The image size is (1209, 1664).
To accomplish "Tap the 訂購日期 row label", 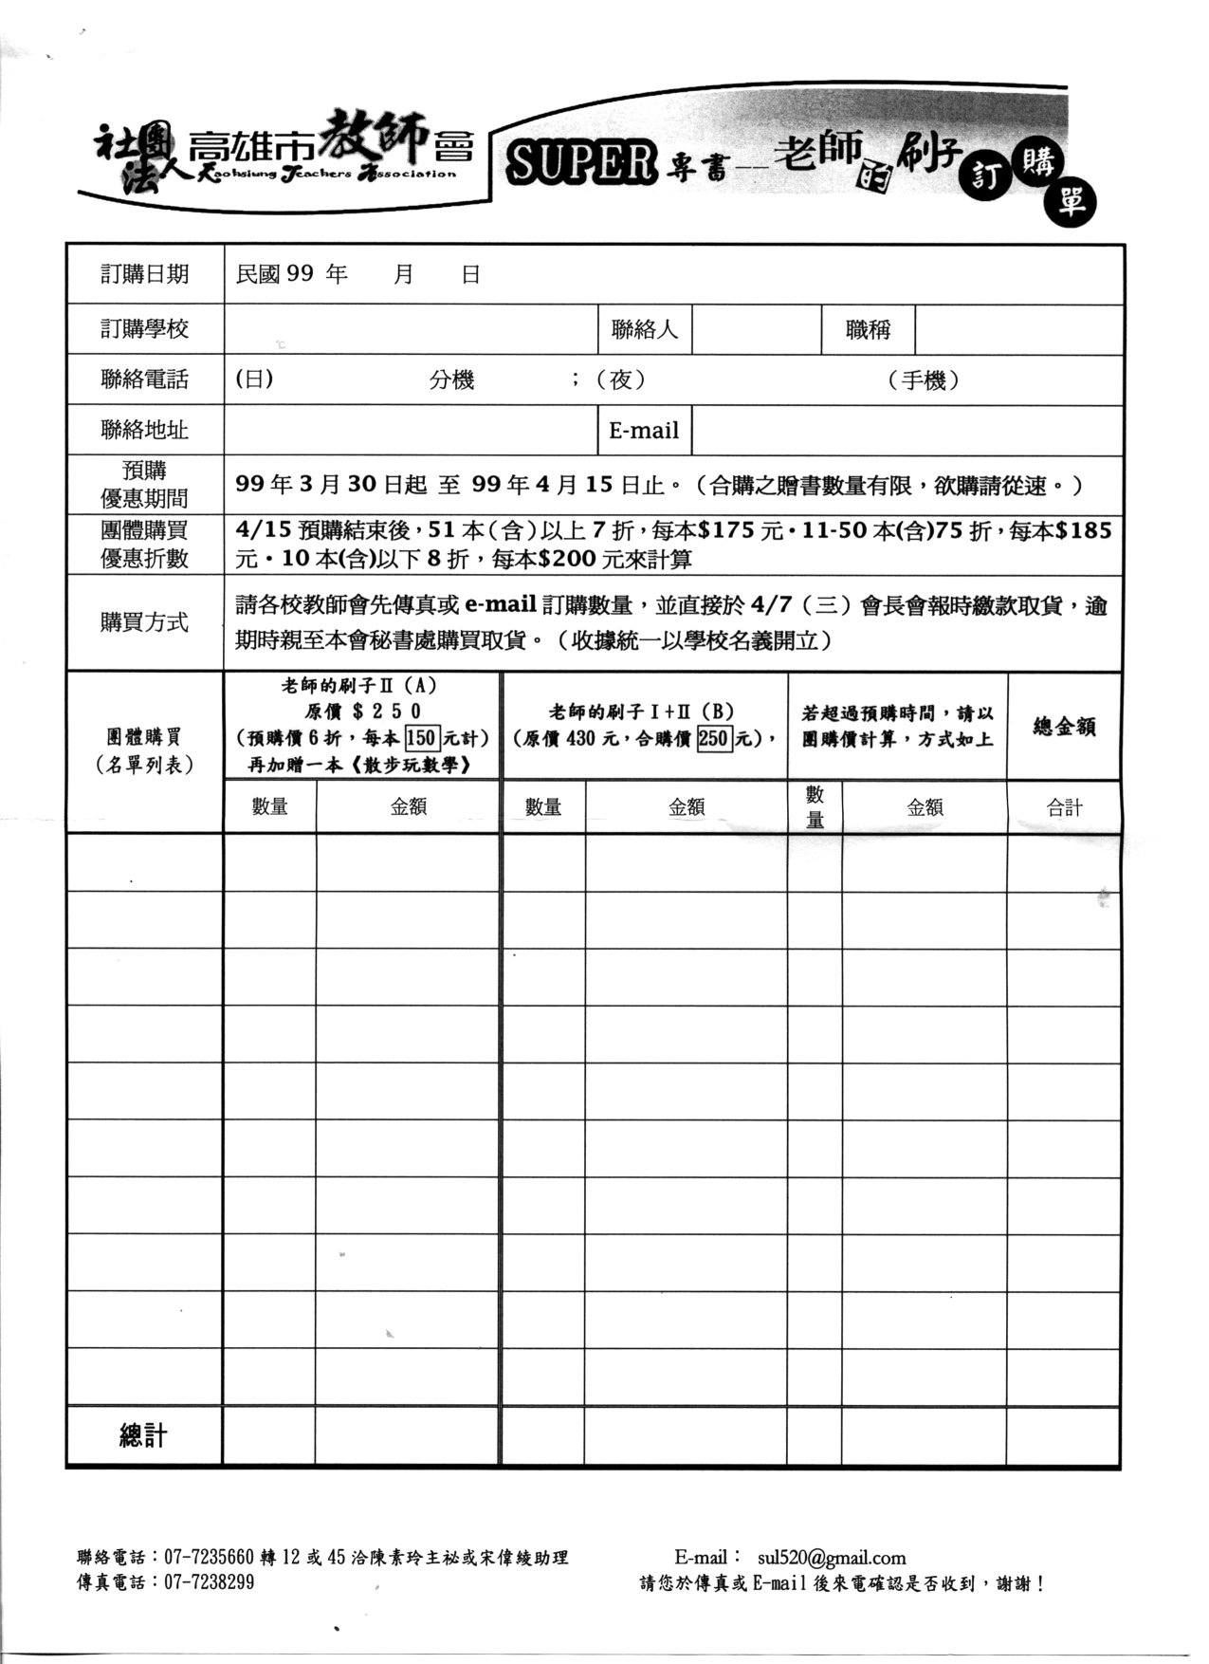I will tap(145, 275).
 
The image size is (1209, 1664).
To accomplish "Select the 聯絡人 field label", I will tap(645, 330).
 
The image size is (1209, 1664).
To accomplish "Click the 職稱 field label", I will tap(868, 330).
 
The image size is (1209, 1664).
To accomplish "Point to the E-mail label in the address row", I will tap(644, 431).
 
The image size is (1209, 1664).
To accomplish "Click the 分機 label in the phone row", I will tap(451, 380).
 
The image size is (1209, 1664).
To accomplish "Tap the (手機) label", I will tap(924, 380).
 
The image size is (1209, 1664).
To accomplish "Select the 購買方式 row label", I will tap(145, 622).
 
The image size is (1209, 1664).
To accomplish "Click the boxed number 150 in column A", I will tap(420, 738).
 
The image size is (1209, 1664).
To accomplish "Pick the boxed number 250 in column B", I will tap(713, 738).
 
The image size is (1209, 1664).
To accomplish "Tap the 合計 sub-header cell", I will tap(1064, 807).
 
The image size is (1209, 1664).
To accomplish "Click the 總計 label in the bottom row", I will tap(144, 1435).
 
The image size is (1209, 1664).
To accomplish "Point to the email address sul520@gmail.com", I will tap(832, 1558).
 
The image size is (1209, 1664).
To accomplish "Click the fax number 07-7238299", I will tap(210, 1582).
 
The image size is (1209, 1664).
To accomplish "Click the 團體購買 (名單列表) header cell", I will tap(145, 751).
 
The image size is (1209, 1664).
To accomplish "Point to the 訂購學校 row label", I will tap(145, 329).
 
